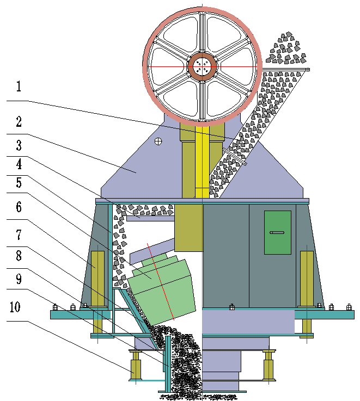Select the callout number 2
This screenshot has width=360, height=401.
[19, 121]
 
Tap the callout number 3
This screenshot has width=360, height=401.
[19, 145]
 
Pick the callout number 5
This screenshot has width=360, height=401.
[19, 183]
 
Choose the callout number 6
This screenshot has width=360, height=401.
[19, 207]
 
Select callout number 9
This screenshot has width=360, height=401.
[19, 279]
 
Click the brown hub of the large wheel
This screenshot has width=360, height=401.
[203, 66]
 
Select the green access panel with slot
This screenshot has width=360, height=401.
[277, 232]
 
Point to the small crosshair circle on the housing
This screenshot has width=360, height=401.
[158, 141]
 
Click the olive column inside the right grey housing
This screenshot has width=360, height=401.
[307, 277]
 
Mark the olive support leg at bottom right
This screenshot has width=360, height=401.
[267, 366]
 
